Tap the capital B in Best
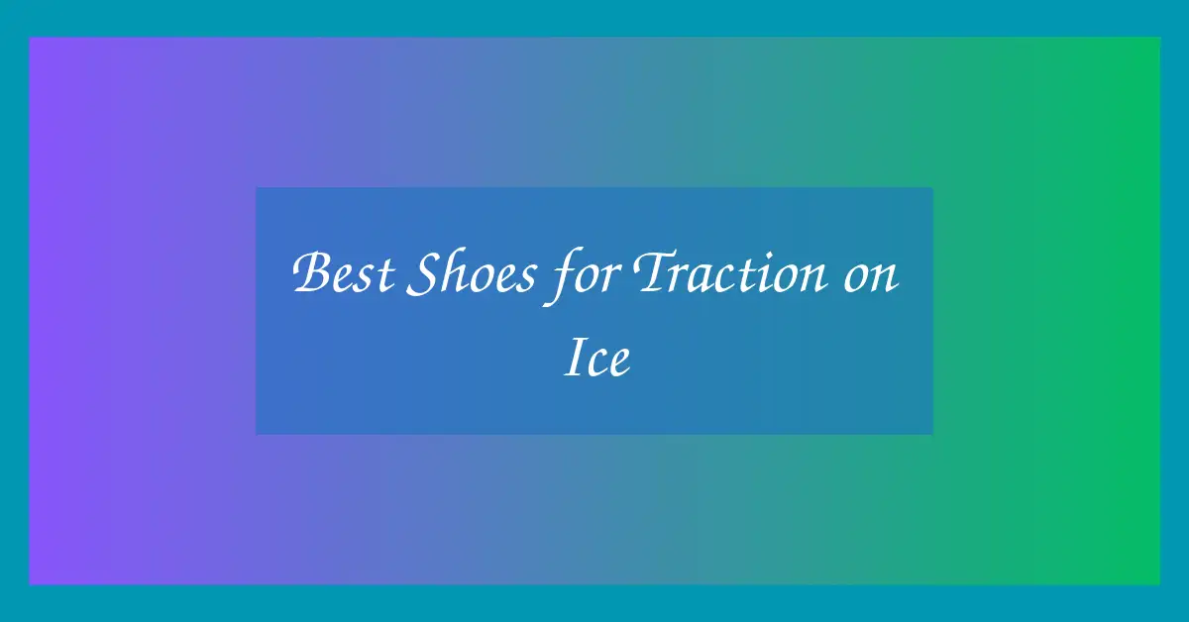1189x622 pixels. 313,271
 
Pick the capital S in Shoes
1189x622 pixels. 423,272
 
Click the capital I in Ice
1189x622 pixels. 574,357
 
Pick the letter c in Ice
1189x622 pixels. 597,363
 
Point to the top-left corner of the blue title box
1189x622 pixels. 256,187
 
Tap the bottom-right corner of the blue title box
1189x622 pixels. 932,434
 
